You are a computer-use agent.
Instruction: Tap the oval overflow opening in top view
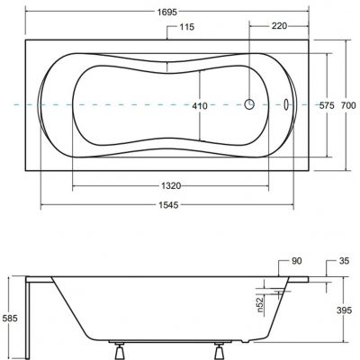click(287, 103)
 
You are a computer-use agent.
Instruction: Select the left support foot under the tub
click(118, 346)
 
